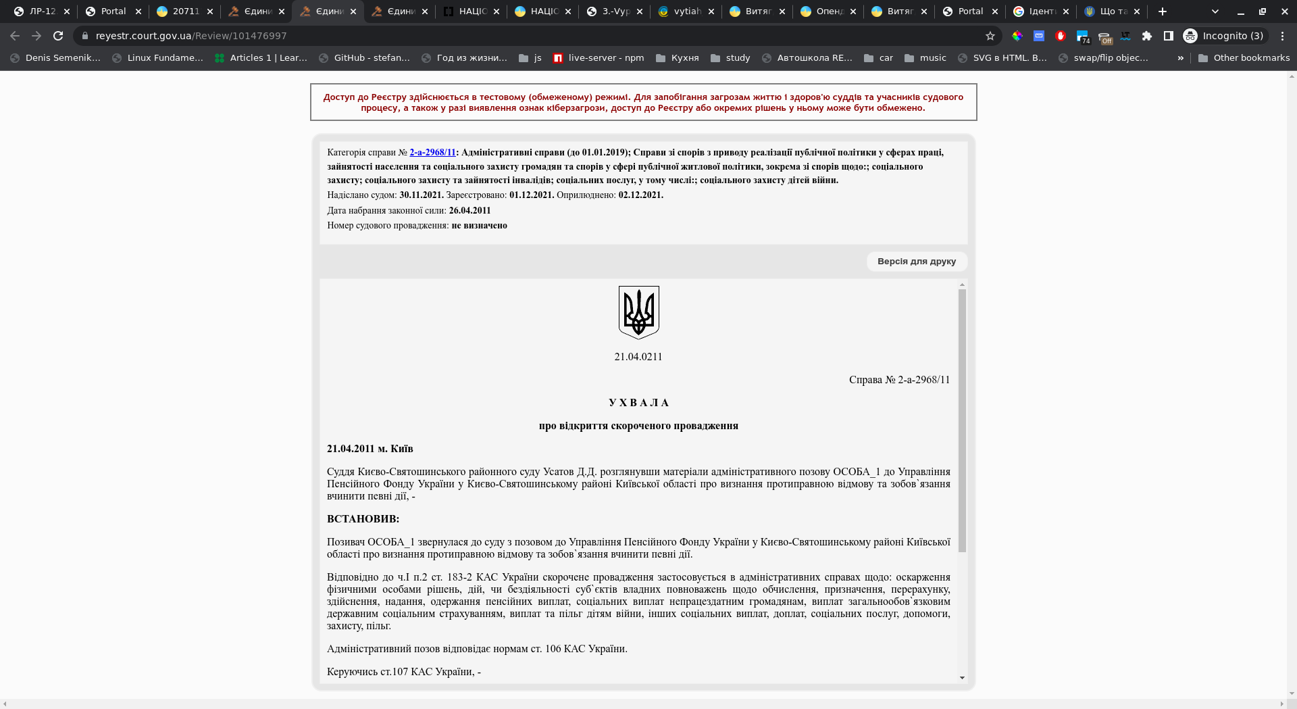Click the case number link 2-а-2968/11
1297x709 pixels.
click(432, 153)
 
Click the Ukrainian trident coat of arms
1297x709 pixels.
click(638, 312)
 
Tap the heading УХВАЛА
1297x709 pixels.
click(638, 403)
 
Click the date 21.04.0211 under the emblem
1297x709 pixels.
click(638, 357)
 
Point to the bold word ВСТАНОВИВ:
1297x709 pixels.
click(363, 519)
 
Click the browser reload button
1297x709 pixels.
click(58, 36)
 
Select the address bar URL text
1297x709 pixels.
click(191, 36)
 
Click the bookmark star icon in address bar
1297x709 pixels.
click(990, 36)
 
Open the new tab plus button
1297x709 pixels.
click(1163, 11)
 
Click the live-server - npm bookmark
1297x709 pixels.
click(598, 58)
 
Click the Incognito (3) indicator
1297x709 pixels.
click(1224, 36)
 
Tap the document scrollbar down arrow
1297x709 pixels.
click(962, 678)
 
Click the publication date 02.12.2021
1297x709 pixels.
click(640, 195)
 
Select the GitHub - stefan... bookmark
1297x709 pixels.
click(364, 58)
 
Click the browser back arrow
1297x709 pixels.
click(15, 36)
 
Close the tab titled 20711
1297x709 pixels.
click(210, 11)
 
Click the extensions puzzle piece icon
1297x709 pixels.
click(1146, 36)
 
